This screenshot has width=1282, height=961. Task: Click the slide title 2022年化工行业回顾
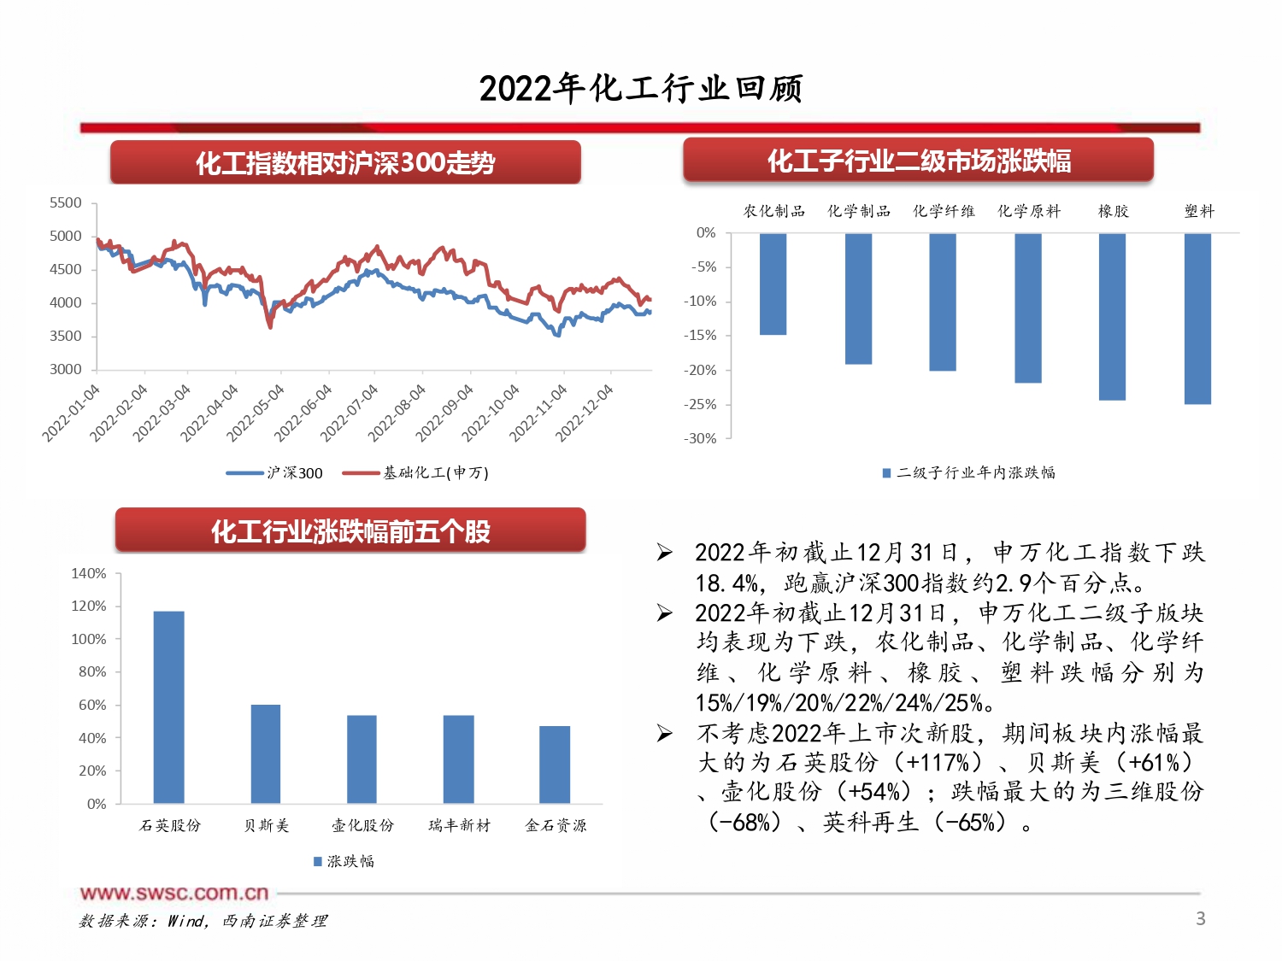click(641, 88)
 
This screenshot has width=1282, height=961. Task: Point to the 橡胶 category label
click(1113, 211)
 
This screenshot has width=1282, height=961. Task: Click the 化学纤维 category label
click(944, 211)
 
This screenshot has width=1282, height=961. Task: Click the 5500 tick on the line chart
click(66, 203)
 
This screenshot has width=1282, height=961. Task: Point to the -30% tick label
click(700, 439)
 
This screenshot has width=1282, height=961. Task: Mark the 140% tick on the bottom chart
click(89, 574)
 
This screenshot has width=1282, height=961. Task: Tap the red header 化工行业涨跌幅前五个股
click(350, 531)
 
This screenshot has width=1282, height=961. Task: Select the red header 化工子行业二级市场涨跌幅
click(919, 161)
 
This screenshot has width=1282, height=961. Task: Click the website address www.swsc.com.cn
click(174, 894)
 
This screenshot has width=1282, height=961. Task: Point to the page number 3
click(1200, 919)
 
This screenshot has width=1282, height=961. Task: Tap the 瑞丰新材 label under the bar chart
click(460, 825)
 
